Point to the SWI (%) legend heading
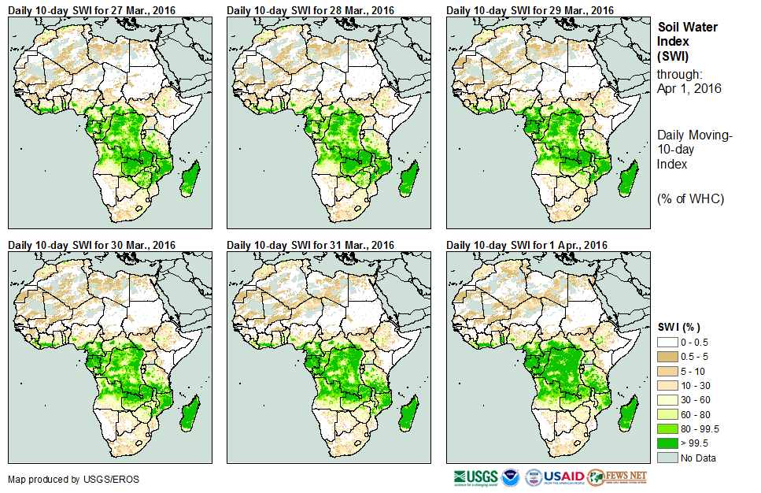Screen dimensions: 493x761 pos(678,327)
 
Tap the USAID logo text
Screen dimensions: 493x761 pos(563,477)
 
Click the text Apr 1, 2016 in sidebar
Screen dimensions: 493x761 pos(689,88)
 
